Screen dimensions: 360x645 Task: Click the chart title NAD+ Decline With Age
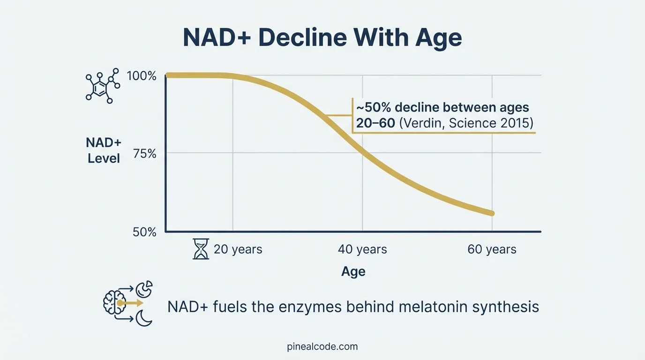coord(322,37)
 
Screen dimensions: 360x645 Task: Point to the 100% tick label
coord(141,76)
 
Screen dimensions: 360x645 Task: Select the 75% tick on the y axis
coord(145,154)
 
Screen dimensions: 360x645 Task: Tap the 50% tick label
coord(144,232)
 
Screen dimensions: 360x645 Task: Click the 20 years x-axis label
coord(238,249)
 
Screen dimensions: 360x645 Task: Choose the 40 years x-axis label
coord(362,249)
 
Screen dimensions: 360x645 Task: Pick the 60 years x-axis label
coord(492,249)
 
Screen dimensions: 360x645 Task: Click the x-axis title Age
coord(353,272)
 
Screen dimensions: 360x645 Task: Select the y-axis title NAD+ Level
coord(104,150)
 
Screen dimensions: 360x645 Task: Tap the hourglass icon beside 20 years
coord(201,249)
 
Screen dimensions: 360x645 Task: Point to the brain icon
coord(114,302)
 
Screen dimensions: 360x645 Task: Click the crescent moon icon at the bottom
coord(144,319)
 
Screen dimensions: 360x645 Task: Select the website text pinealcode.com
coord(322,347)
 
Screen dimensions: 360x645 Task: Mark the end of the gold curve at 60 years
coord(491,213)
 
